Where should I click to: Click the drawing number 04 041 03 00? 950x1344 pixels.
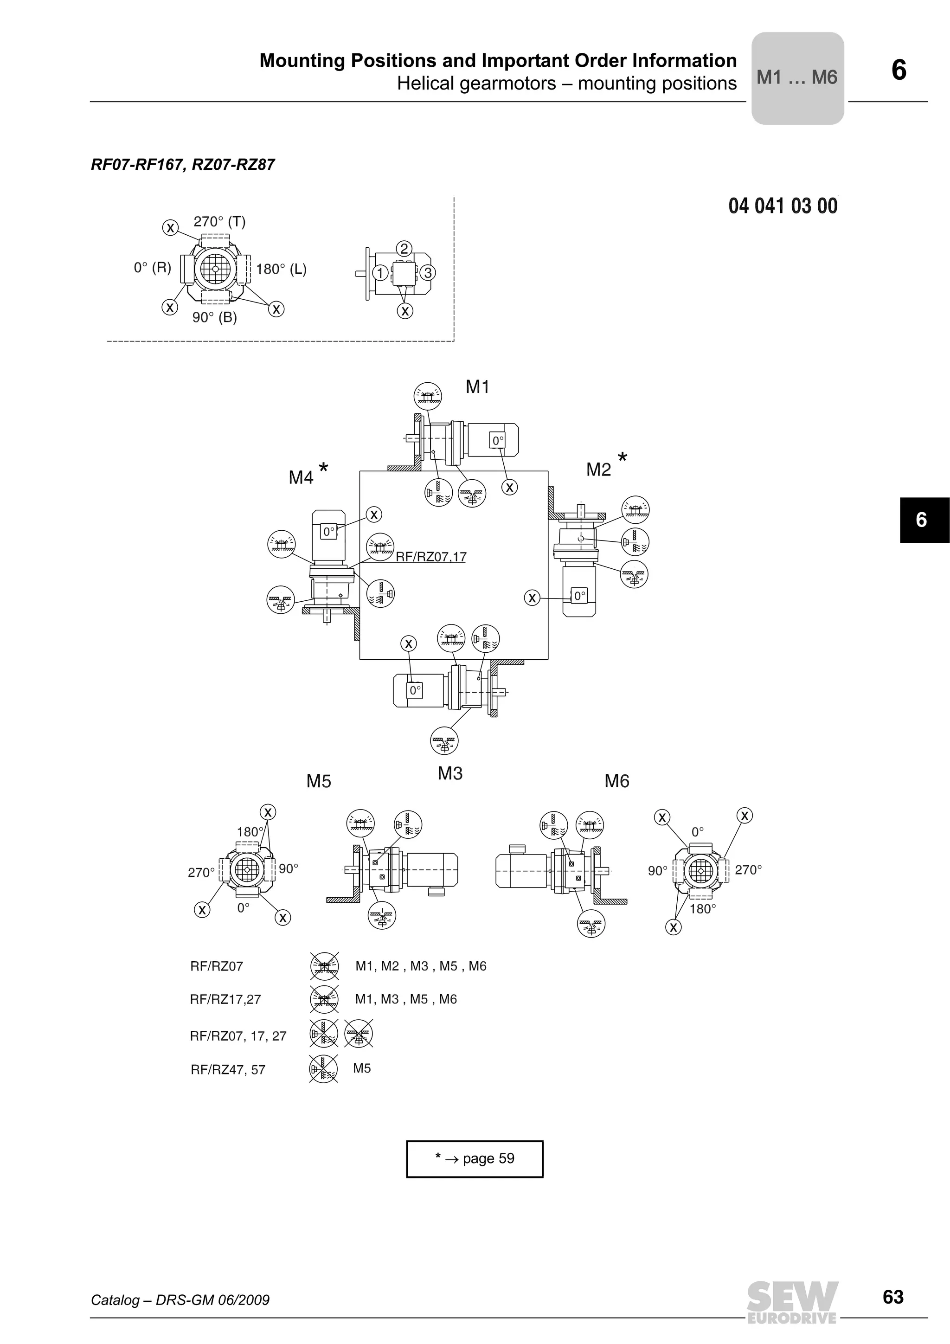click(x=783, y=206)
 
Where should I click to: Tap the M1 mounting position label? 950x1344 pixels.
click(x=477, y=387)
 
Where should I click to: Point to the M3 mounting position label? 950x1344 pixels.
click(x=449, y=774)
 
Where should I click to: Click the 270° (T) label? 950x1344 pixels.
click(x=219, y=222)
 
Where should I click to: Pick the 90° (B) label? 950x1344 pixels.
click(x=214, y=318)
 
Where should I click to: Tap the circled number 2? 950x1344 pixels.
click(x=404, y=249)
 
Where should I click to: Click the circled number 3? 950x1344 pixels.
click(x=428, y=273)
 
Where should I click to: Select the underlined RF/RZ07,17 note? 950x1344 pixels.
click(x=431, y=557)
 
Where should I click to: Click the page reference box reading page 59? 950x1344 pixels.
click(x=475, y=1158)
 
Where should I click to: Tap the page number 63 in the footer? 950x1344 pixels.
click(x=892, y=1297)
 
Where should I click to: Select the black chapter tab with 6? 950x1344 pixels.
click(x=924, y=520)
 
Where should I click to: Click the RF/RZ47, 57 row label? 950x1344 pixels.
click(x=228, y=1070)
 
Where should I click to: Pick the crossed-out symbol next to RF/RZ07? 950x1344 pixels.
click(x=324, y=966)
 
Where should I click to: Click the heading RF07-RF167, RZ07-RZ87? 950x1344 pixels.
click(x=183, y=165)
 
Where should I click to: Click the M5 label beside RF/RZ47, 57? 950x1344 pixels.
click(x=362, y=1068)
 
